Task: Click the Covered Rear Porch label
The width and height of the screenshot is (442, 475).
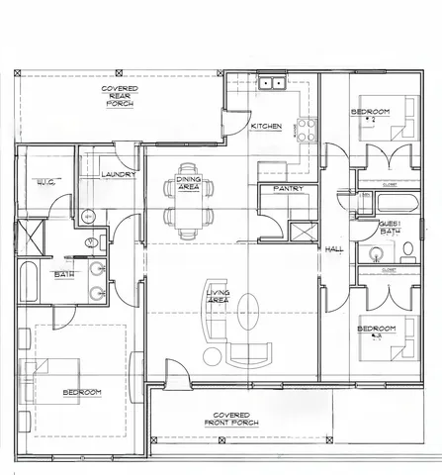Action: (x=120, y=95)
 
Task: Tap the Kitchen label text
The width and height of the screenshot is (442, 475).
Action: (x=266, y=127)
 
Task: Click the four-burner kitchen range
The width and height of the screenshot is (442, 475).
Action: (x=306, y=128)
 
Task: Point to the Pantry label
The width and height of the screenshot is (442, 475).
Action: (x=288, y=188)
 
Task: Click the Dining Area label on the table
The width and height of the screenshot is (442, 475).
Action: (x=188, y=183)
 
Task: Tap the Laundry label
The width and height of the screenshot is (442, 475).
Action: (x=118, y=174)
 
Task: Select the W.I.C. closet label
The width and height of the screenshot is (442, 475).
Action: (x=45, y=182)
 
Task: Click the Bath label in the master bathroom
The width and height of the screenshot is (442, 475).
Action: (x=63, y=274)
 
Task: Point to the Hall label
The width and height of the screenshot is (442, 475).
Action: (x=334, y=249)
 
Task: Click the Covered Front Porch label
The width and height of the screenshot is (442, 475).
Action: (x=230, y=419)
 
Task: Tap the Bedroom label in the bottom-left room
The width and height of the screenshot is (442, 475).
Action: (x=82, y=393)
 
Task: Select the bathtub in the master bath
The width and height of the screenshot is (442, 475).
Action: (x=27, y=285)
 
